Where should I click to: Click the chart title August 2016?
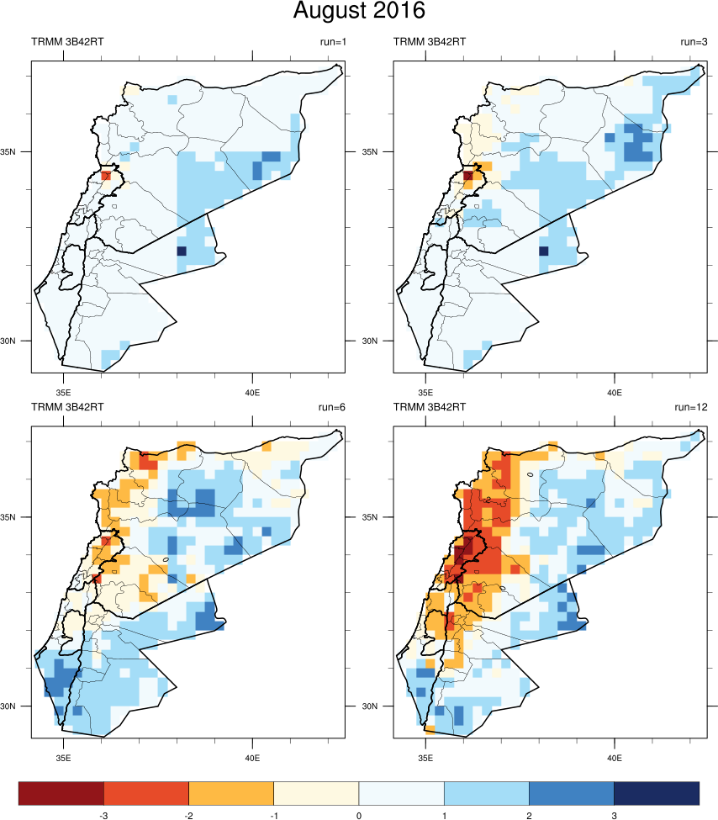[359, 12]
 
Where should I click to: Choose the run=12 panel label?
[690, 407]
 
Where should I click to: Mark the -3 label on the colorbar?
[103, 816]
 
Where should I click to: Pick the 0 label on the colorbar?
[359, 816]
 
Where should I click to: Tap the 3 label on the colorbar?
[614, 816]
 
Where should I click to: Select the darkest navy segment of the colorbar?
[657, 792]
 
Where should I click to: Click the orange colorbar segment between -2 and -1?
[231, 792]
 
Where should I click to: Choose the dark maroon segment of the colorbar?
[61, 792]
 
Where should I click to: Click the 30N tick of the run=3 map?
[381, 341]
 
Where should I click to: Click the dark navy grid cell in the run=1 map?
[182, 251]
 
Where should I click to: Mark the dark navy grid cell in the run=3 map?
[543, 251]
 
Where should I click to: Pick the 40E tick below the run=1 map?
[252, 392]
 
